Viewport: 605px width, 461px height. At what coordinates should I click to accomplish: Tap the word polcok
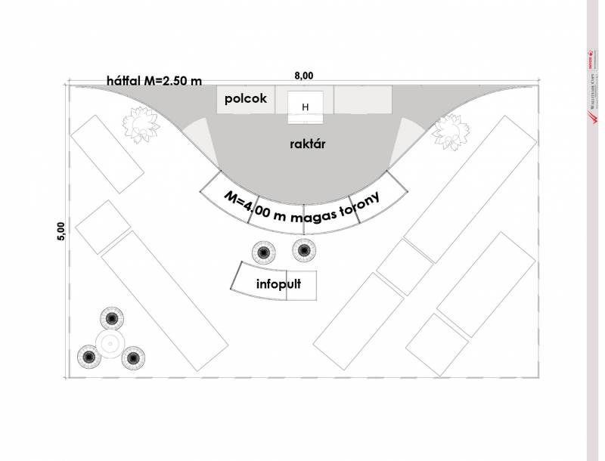coord(245,99)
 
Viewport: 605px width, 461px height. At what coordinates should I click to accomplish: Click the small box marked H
coord(306,107)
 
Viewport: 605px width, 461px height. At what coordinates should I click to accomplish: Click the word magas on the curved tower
coord(317,216)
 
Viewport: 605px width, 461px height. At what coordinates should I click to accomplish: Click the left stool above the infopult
coord(263,251)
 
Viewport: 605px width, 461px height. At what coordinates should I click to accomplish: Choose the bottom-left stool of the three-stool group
coord(88,356)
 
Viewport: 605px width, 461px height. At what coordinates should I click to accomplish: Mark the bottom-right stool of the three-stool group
coord(133,356)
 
